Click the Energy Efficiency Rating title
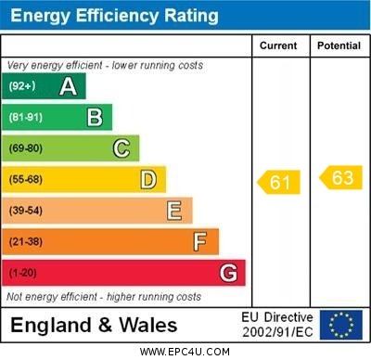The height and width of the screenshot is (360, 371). (x=114, y=16)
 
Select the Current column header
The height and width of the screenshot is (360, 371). (x=278, y=45)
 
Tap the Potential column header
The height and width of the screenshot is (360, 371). (x=339, y=45)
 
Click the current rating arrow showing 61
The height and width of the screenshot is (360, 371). (x=279, y=182)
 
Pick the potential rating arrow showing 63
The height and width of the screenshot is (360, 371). (x=340, y=177)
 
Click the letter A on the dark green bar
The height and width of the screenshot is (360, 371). (x=68, y=86)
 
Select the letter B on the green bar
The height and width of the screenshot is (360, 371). (x=95, y=117)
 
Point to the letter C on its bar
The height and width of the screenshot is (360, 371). (x=122, y=148)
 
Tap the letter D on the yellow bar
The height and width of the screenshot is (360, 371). (x=148, y=179)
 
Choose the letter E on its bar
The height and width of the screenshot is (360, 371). (x=174, y=211)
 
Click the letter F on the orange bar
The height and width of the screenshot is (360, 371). (x=200, y=242)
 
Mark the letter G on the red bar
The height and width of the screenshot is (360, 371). (x=228, y=273)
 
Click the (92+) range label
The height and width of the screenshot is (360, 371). (x=22, y=86)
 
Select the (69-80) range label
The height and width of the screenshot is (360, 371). (x=26, y=148)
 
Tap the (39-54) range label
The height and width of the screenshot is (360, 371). (x=26, y=211)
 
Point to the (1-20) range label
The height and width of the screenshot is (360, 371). (x=23, y=273)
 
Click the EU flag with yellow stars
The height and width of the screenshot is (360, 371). (x=341, y=325)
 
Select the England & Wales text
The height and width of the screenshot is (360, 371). (x=94, y=325)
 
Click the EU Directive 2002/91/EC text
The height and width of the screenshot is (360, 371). (x=277, y=325)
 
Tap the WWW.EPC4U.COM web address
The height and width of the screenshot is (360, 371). (x=185, y=352)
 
